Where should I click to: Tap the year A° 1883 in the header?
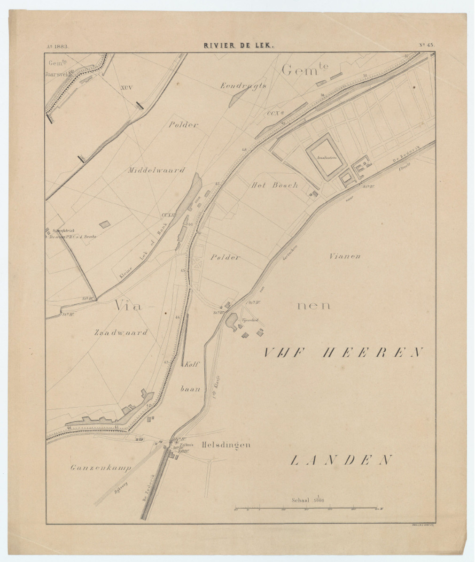pyautogui.click(x=58, y=46)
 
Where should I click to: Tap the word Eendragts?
pyautogui.click(x=243, y=85)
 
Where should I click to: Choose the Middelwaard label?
pyautogui.click(x=156, y=170)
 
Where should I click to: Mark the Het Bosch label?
pyautogui.click(x=275, y=185)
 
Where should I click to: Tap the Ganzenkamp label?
pyautogui.click(x=100, y=468)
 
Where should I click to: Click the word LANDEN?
pyautogui.click(x=341, y=460)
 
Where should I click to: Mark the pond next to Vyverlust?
pyautogui.click(x=231, y=322)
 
